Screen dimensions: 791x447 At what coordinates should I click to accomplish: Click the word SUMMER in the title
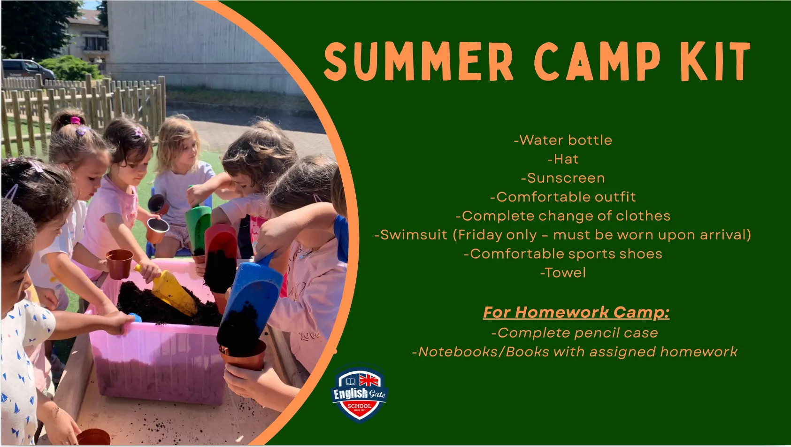click(418, 62)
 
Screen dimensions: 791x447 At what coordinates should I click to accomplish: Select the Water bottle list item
click(563, 140)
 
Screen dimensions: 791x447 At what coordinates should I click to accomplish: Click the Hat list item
click(563, 159)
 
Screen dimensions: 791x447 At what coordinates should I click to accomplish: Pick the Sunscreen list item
click(563, 178)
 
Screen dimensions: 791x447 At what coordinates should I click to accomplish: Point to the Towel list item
click(563, 273)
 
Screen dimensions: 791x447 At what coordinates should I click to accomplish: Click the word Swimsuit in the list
click(411, 235)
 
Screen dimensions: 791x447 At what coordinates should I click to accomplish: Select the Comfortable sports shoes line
click(563, 254)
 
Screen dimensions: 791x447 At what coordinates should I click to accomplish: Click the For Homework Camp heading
click(576, 312)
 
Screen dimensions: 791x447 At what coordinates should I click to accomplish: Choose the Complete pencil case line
click(575, 332)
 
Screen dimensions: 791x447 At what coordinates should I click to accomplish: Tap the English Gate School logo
click(360, 393)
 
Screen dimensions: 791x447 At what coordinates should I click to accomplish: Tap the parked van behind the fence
click(28, 69)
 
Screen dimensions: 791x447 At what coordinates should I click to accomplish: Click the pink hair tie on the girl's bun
click(75, 120)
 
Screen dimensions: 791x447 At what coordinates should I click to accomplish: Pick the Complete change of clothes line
click(563, 216)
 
